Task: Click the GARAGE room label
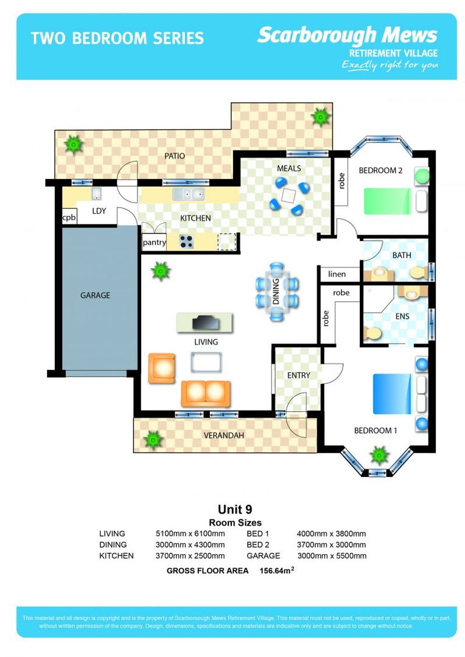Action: (x=96, y=296)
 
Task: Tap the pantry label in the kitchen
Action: (x=154, y=242)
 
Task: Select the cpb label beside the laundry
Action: (x=69, y=217)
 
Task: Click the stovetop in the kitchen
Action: (x=186, y=242)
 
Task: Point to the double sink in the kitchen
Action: (x=188, y=195)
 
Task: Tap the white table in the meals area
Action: (x=290, y=195)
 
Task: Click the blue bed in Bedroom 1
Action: (x=391, y=394)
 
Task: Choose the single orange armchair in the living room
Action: (x=161, y=368)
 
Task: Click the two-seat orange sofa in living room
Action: (x=205, y=394)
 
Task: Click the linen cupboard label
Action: (x=337, y=274)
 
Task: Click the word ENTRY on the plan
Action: (x=298, y=375)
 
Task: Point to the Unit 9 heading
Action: (x=235, y=509)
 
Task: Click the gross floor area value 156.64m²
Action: (x=278, y=571)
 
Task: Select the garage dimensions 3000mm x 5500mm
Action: (x=331, y=555)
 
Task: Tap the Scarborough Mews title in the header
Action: (x=347, y=35)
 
